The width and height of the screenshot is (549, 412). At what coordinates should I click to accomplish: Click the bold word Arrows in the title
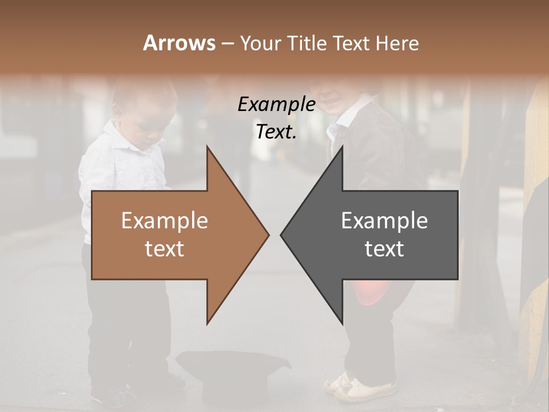180,43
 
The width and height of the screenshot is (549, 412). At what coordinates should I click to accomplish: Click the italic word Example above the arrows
276,105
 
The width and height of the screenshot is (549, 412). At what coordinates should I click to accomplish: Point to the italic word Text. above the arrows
276,132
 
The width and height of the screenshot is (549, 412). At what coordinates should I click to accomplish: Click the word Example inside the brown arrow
164,221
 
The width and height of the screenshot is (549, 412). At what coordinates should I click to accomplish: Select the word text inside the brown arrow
164,249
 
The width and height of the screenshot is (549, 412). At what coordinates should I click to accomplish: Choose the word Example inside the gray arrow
384,221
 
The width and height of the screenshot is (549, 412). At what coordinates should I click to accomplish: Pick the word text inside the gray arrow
384,249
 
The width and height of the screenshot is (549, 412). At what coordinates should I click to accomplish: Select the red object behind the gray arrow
366,292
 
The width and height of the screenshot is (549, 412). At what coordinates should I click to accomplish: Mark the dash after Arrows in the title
227,44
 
